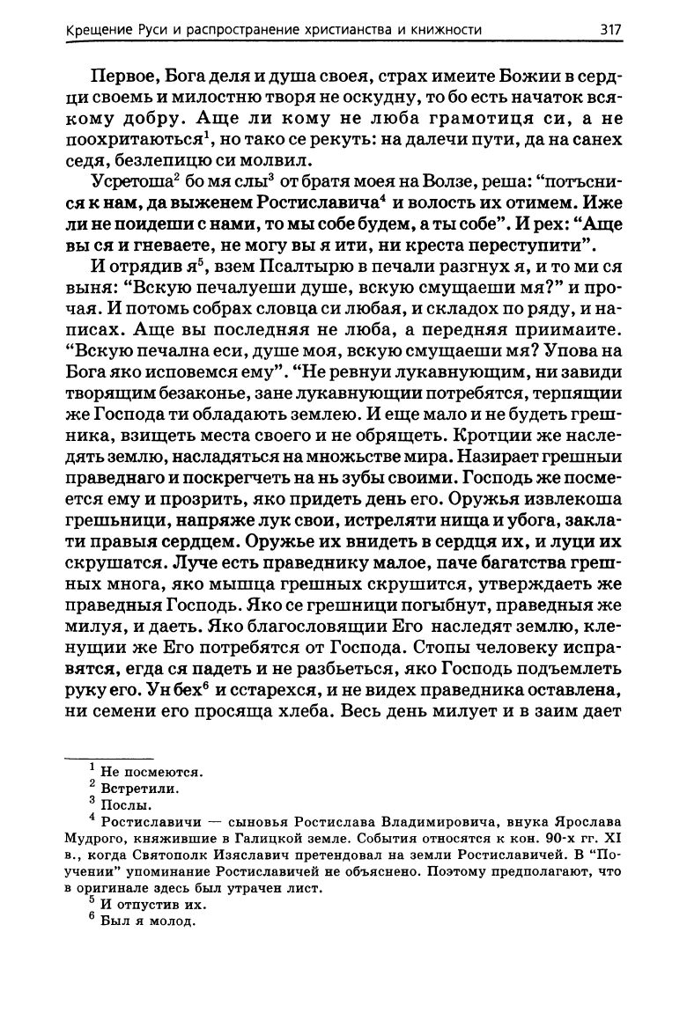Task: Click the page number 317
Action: click(610, 29)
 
